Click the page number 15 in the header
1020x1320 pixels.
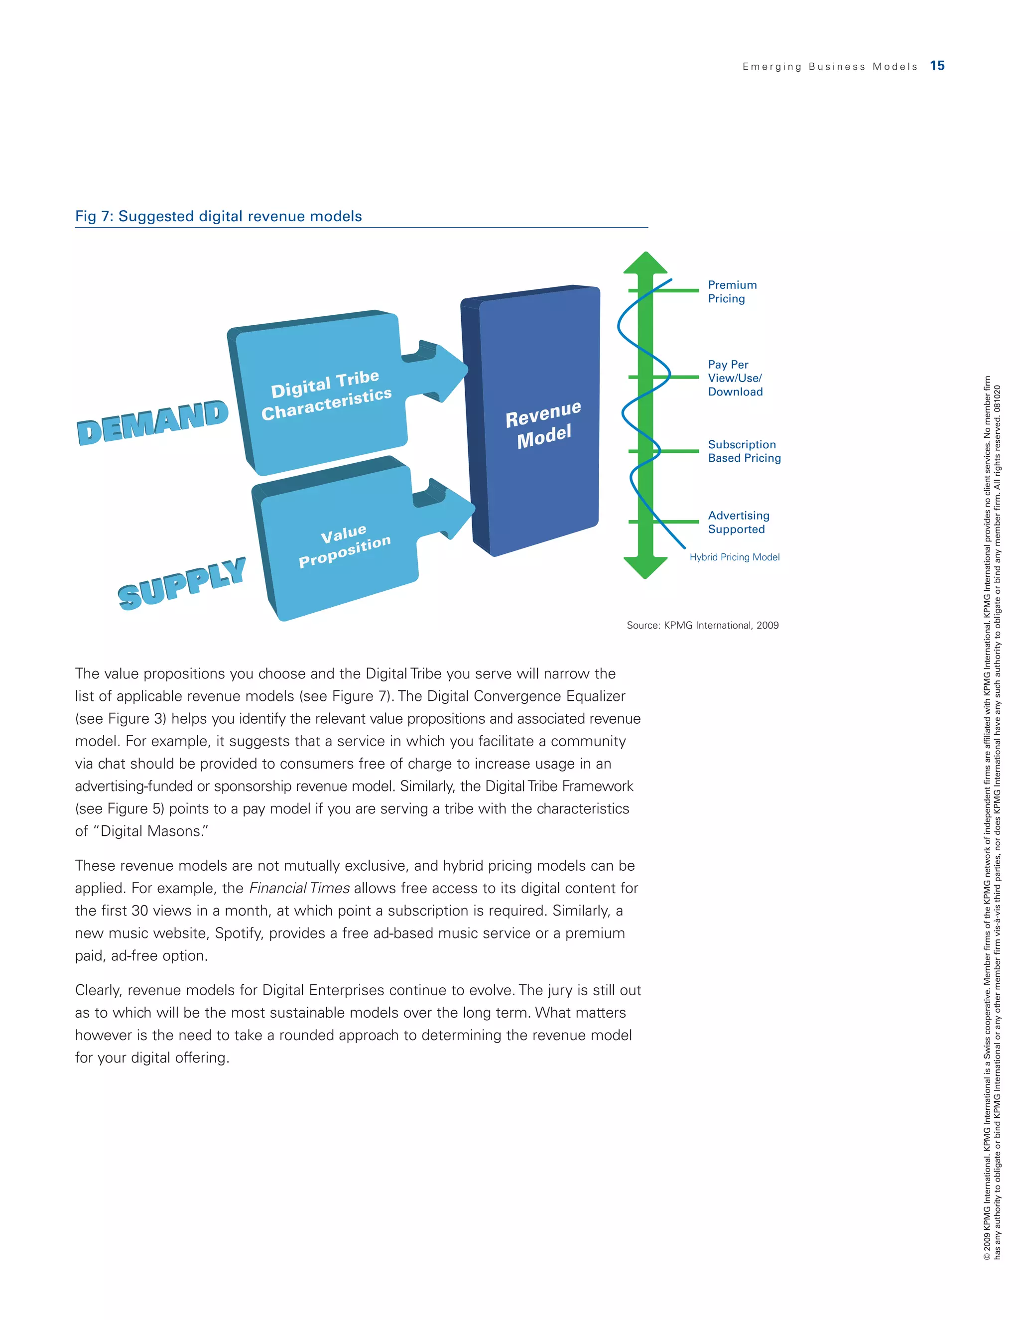pos(937,66)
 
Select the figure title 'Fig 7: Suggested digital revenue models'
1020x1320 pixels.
pos(218,216)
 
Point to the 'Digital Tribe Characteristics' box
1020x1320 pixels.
pos(320,393)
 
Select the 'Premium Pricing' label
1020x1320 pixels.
pos(732,291)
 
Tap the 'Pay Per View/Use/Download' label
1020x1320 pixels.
pos(735,378)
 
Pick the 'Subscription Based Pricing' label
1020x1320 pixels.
pos(744,451)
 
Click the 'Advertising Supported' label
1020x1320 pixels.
pos(739,522)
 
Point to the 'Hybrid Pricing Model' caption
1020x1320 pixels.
pos(734,557)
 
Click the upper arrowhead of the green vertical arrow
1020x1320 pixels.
pos(645,264)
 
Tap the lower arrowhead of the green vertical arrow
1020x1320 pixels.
pos(645,567)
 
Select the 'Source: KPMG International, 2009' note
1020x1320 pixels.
pos(702,625)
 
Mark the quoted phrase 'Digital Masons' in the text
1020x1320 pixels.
pos(151,831)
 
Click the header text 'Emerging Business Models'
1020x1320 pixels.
pos(830,66)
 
